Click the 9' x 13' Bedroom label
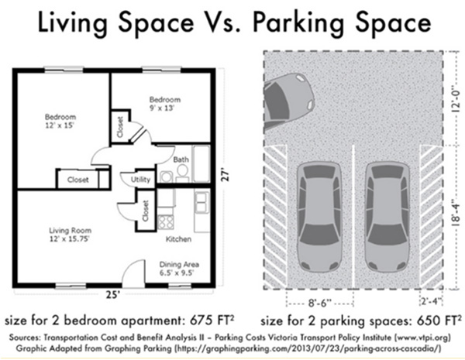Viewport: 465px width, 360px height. (x=164, y=103)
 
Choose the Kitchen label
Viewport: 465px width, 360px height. (x=178, y=238)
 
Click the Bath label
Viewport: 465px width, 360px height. (x=181, y=159)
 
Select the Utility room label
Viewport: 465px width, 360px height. (x=141, y=179)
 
